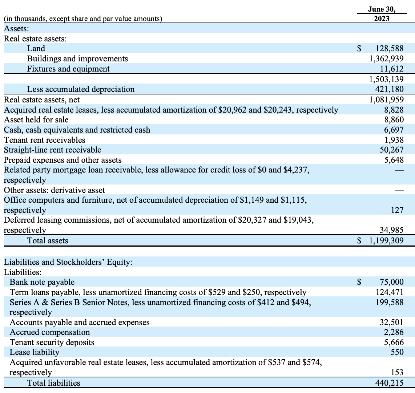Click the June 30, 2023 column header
point(381,14)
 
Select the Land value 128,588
point(390,49)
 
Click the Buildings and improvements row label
point(77,58)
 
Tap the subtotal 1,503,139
point(386,79)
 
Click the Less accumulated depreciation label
point(81,89)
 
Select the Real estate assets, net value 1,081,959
point(386,99)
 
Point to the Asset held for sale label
point(36,119)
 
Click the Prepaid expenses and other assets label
point(63,160)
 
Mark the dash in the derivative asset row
point(399,190)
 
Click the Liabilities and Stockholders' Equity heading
point(68,262)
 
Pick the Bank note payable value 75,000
point(392,282)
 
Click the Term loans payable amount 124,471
point(390,292)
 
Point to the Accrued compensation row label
point(49,332)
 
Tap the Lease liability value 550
point(397,352)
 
